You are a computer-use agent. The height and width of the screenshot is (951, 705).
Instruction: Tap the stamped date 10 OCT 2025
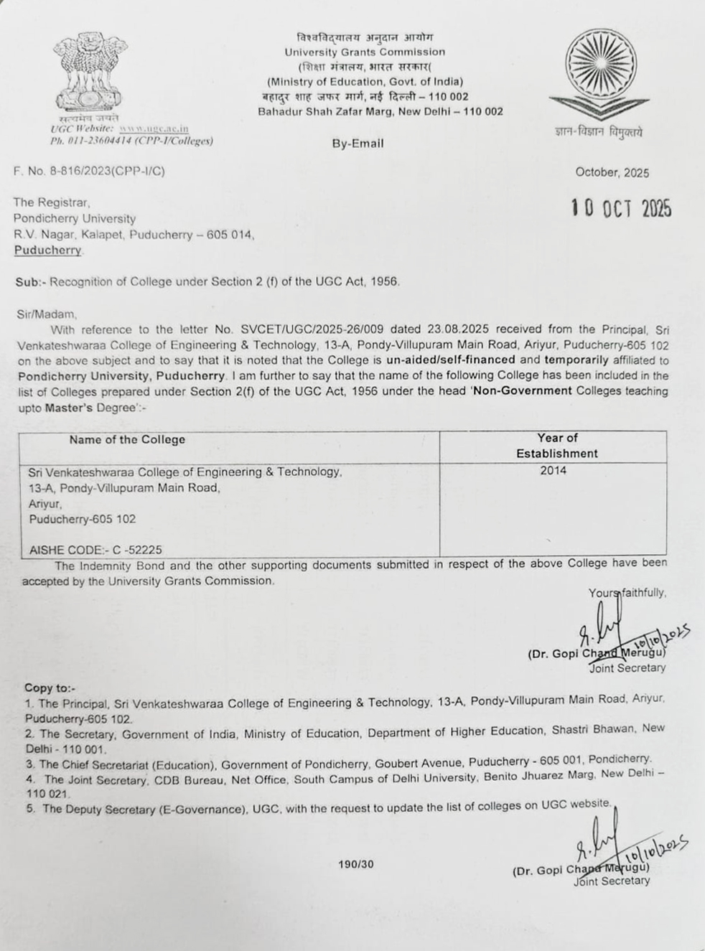(622, 209)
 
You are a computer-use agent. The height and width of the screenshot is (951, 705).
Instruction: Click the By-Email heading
(358, 144)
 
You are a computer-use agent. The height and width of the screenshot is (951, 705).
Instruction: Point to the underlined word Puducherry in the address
(48, 250)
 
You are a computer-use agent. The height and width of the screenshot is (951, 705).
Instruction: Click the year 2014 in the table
(554, 471)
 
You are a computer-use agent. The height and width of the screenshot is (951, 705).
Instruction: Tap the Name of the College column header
(127, 440)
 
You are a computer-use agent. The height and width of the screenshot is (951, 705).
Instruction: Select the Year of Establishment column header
(556, 446)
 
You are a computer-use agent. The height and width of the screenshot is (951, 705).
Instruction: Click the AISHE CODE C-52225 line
(95, 550)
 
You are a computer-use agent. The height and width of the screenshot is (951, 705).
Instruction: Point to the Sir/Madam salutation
(45, 314)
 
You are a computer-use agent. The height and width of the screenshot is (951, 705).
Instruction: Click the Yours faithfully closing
(627, 593)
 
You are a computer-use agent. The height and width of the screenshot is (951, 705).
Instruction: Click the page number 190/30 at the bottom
(356, 864)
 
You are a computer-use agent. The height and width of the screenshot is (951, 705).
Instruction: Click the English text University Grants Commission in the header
(365, 52)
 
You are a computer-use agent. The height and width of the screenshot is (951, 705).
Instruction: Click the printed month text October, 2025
(612, 173)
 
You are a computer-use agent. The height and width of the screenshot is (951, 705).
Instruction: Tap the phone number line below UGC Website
(131, 141)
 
